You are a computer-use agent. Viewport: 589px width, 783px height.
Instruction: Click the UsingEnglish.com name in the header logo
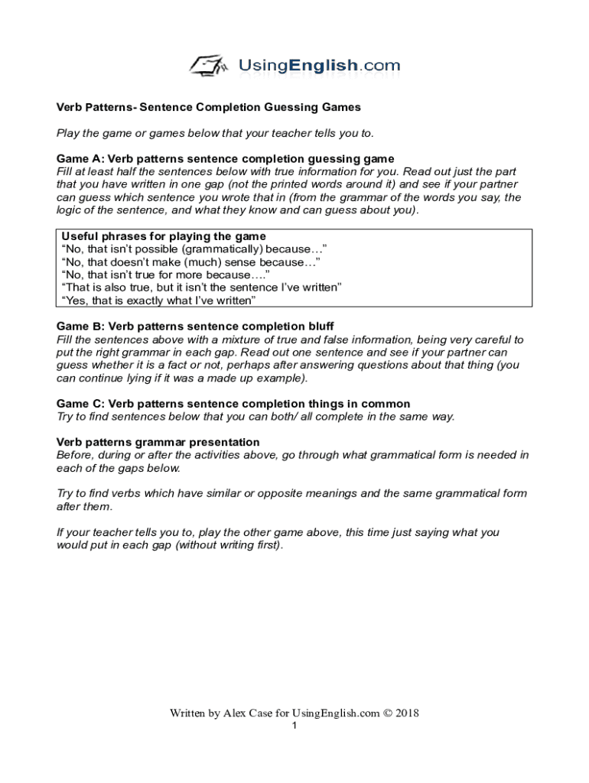click(x=319, y=66)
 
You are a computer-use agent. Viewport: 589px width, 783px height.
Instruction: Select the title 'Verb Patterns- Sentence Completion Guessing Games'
click(x=209, y=107)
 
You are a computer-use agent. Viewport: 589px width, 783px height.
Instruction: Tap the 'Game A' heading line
click(x=226, y=159)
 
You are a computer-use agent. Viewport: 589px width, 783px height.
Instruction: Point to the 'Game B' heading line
click(x=195, y=327)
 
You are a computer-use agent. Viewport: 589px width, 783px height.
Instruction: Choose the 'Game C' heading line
click(x=233, y=404)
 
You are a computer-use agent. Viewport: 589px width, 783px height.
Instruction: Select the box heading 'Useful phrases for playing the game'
click(x=164, y=236)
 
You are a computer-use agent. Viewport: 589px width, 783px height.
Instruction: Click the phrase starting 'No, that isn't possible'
click(x=195, y=249)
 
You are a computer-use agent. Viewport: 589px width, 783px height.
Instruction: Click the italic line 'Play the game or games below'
click(x=216, y=133)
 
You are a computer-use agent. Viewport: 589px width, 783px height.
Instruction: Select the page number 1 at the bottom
click(x=294, y=726)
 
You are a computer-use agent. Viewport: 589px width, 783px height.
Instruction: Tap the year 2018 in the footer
click(x=406, y=713)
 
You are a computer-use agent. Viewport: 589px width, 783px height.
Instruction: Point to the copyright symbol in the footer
click(x=387, y=713)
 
